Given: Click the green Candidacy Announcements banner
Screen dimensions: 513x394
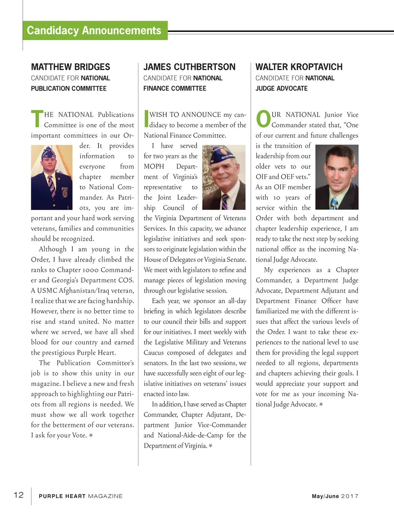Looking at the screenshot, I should pyautogui.click(x=95, y=30).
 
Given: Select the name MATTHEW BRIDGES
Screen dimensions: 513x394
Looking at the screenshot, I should pyautogui.click(x=70, y=67).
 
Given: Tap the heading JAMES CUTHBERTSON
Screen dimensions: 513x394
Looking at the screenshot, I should pyautogui.click(x=189, y=67).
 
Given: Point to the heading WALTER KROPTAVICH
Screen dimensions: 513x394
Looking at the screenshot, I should pyautogui.click(x=299, y=67).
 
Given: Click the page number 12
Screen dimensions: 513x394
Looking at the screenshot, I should pyautogui.click(x=18, y=495).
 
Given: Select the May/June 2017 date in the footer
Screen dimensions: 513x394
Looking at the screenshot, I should pyautogui.click(x=335, y=496).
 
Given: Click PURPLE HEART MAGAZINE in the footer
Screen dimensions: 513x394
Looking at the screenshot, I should pyautogui.click(x=81, y=496).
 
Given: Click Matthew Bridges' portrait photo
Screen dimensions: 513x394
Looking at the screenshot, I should pyautogui.click(x=52, y=177).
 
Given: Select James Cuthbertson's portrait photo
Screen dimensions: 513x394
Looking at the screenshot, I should pyautogui.click(x=224, y=177).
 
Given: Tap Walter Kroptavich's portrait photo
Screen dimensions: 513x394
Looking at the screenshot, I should pyautogui.click(x=337, y=177).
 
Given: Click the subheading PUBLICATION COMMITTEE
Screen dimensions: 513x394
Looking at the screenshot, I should pyautogui.click(x=69, y=88).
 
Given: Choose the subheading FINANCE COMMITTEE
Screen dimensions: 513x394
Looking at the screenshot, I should pyautogui.click(x=175, y=88).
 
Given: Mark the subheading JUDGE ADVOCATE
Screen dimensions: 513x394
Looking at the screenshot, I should pyautogui.click(x=282, y=88).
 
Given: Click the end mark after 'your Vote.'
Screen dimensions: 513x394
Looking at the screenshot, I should pyautogui.click(x=91, y=435).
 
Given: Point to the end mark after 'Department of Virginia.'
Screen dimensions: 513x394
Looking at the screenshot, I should pyautogui.click(x=210, y=446).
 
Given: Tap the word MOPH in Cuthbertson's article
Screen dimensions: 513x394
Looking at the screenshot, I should pyautogui.click(x=154, y=167).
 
